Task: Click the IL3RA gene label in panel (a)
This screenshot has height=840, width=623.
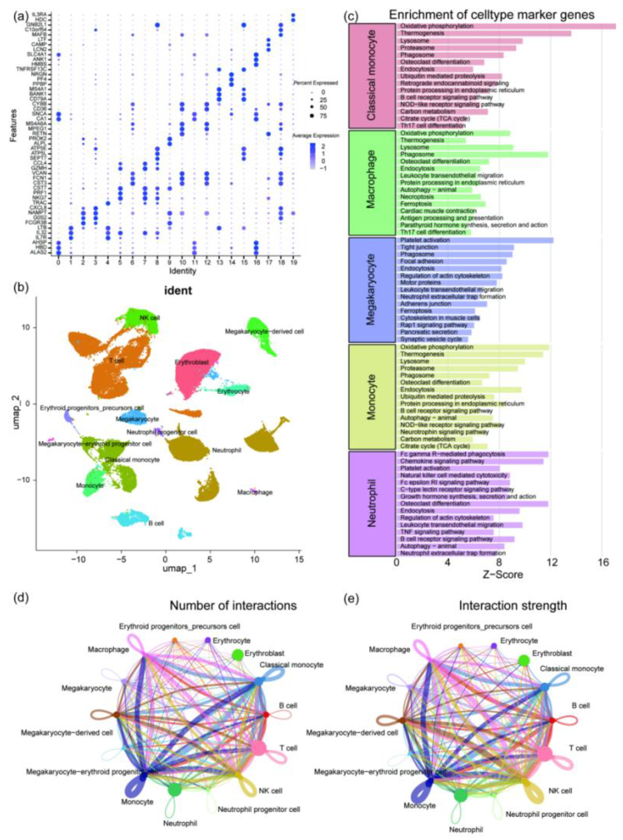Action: pyautogui.click(x=42, y=15)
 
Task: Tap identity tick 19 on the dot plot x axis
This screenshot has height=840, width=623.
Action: pyautogui.click(x=293, y=262)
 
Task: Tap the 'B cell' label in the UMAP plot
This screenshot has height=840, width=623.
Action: pyautogui.click(x=156, y=524)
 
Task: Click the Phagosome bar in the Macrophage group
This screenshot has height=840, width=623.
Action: pyautogui.click(x=472, y=155)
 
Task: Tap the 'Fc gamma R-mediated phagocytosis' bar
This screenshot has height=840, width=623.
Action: pyautogui.click(x=472, y=454)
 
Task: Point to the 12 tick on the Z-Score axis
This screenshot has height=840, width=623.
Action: pyautogui.click(x=551, y=562)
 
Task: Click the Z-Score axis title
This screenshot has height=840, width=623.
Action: pyautogui.click(x=503, y=575)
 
